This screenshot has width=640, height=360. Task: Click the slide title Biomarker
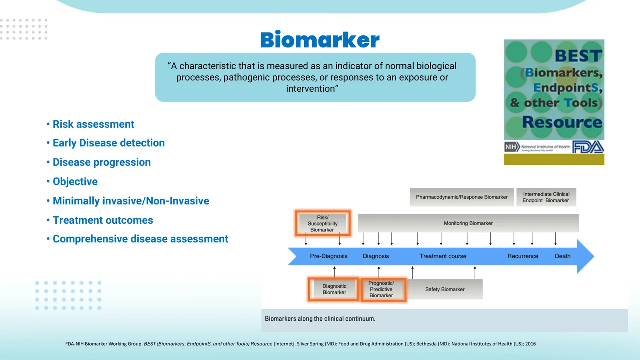click(319, 40)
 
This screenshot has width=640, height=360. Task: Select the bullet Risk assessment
click(93, 124)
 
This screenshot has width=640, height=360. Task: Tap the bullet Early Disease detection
click(108, 143)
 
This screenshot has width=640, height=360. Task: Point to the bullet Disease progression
click(101, 162)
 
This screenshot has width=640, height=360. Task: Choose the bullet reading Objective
click(75, 182)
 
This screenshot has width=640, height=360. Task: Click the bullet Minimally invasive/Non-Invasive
click(131, 201)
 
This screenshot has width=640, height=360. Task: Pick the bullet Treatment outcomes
click(103, 220)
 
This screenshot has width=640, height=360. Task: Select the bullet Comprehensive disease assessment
click(140, 239)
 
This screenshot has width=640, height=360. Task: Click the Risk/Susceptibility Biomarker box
click(322, 223)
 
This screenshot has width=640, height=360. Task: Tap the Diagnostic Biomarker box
click(334, 289)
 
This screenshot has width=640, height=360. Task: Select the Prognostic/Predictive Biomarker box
click(381, 289)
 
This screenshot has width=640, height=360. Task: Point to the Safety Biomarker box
click(445, 289)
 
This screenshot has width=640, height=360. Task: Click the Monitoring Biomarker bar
click(468, 223)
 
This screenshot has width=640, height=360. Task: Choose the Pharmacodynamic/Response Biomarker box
click(462, 197)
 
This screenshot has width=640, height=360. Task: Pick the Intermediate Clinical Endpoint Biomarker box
click(546, 197)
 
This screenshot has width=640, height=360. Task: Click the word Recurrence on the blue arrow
click(523, 256)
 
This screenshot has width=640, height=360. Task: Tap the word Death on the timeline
click(562, 256)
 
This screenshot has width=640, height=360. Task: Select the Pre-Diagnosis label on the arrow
click(329, 256)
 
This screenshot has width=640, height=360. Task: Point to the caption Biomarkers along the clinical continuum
click(320, 318)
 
